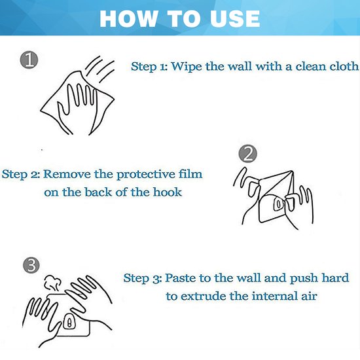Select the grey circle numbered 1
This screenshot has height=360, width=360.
(x=29, y=60)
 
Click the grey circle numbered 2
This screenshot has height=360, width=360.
(x=247, y=154)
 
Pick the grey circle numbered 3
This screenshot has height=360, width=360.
(x=31, y=265)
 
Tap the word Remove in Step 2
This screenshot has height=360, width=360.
(x=67, y=174)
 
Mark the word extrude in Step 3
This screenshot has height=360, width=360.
(x=204, y=296)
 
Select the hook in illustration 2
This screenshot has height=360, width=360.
(x=278, y=204)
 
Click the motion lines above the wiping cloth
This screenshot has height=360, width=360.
(x=100, y=69)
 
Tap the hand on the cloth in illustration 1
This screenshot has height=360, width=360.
(x=78, y=105)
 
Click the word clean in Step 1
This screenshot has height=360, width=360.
(x=311, y=66)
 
